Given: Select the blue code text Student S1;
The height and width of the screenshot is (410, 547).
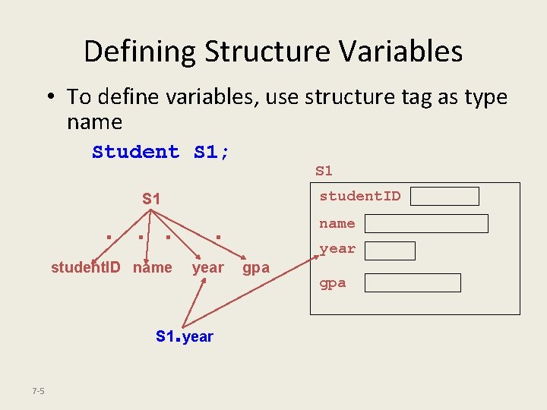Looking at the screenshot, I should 161,152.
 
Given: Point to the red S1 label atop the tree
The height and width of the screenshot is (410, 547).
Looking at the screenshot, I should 151,199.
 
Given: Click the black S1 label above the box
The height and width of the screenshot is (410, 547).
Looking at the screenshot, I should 324,171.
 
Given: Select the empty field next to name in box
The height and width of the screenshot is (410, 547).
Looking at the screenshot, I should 427,223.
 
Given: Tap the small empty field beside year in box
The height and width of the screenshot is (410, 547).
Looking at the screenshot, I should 390,251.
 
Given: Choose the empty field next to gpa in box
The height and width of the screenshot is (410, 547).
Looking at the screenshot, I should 413,283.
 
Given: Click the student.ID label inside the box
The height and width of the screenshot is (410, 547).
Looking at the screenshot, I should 359,197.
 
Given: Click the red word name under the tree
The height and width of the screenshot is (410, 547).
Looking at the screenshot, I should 152,267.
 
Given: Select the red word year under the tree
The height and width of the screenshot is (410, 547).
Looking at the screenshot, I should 207,267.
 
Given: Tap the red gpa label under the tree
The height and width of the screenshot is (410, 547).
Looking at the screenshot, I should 256,268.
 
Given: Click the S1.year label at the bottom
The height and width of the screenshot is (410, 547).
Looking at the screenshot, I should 185,336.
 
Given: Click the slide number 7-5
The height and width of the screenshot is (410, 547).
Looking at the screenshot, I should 38,391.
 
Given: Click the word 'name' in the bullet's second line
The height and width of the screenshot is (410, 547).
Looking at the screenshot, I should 94,122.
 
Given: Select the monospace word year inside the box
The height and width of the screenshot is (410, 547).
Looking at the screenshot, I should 337,249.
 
